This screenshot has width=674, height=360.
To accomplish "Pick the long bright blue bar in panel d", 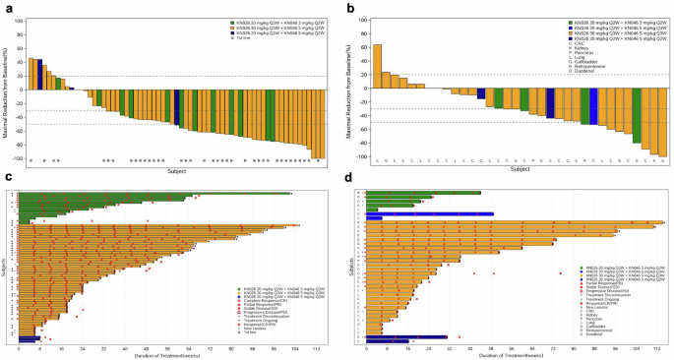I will coord(430,213).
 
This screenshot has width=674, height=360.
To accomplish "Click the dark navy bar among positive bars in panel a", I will coord(39,74).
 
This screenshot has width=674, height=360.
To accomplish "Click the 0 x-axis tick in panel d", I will coord(365,347).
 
